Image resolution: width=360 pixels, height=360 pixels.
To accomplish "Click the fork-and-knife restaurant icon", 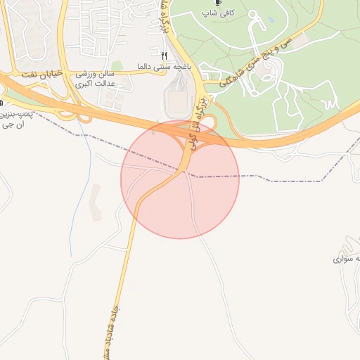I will click(x=164, y=55).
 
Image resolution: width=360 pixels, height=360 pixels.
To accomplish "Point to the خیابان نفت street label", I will click(x=43, y=72).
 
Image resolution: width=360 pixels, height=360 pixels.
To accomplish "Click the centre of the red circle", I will click(x=180, y=179).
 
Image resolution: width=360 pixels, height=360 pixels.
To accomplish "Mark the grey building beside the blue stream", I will click(x=94, y=197).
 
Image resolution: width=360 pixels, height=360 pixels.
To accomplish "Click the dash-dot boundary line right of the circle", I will click(x=281, y=181).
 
